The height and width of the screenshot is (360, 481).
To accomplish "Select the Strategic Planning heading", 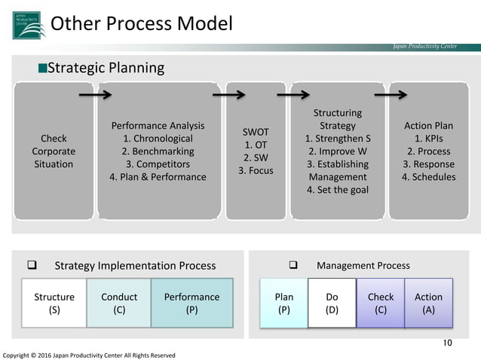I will pos(101,69).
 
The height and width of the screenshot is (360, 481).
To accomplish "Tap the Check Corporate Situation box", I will pos(54,151).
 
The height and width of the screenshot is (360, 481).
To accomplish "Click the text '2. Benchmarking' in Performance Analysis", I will pos(158,151).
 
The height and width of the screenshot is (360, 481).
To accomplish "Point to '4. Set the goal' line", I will pos(337,189).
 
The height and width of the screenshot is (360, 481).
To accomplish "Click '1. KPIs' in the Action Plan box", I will pos(427,139).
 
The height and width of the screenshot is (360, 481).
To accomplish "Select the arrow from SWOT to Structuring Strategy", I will pos(293,96).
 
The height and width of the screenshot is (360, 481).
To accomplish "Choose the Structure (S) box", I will pos(54,303).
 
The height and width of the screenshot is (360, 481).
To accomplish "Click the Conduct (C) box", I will pos(119,303).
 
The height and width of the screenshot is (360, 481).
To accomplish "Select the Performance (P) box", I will pos(191,303).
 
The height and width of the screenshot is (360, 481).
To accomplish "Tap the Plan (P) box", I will pos(283,303).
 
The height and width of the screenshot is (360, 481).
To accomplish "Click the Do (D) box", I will pos(332,303).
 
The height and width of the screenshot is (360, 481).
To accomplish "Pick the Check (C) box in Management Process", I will pos(380,303).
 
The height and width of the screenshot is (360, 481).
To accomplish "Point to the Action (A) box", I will pos(428,303).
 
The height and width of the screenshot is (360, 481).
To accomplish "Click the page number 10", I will pos(447,344).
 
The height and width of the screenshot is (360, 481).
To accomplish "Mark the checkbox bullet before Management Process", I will pos(295,265).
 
